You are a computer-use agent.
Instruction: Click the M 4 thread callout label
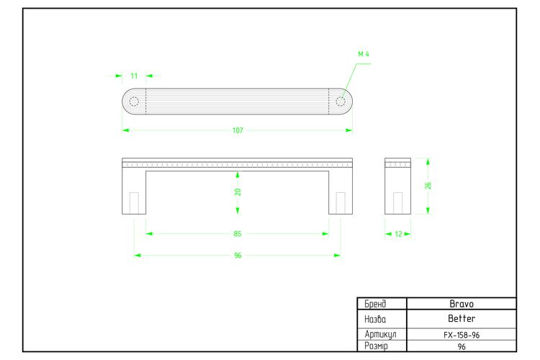click(364, 54)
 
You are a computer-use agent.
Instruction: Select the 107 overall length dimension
click(238, 130)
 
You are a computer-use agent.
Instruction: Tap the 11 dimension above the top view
click(134, 76)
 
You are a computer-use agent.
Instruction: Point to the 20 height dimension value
click(238, 192)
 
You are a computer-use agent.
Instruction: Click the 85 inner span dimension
click(238, 234)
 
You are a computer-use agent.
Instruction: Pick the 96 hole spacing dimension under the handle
click(238, 256)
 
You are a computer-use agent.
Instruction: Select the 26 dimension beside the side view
click(428, 186)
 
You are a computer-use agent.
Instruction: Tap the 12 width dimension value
click(398, 234)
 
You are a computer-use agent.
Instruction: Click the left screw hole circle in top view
click(134, 102)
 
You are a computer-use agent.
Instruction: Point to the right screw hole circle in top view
click(341, 102)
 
